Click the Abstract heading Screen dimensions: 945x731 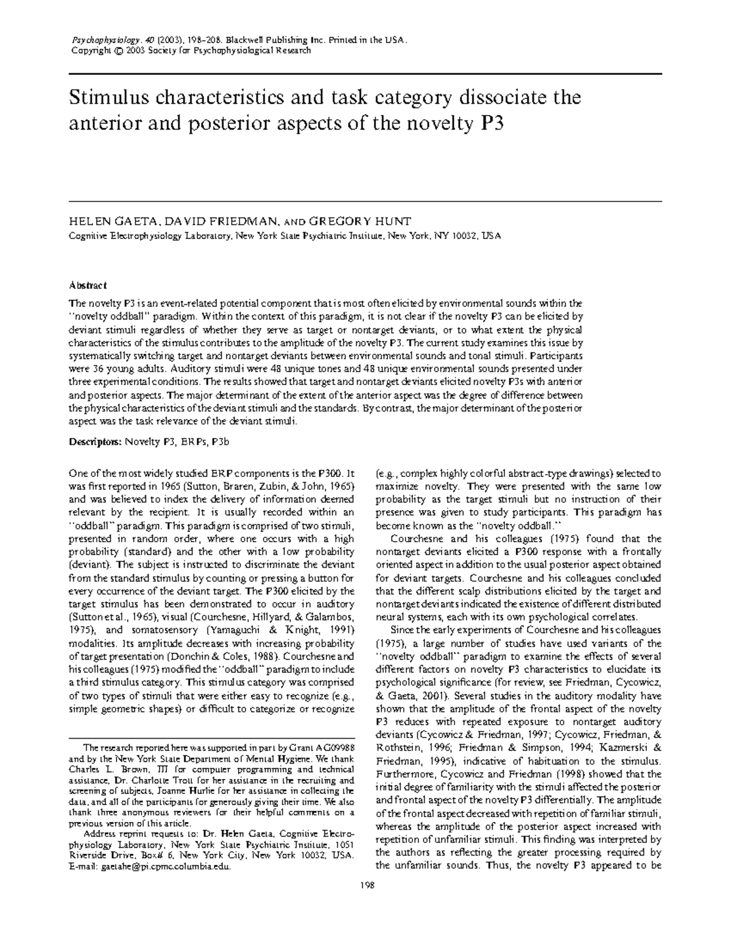click(88, 285)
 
